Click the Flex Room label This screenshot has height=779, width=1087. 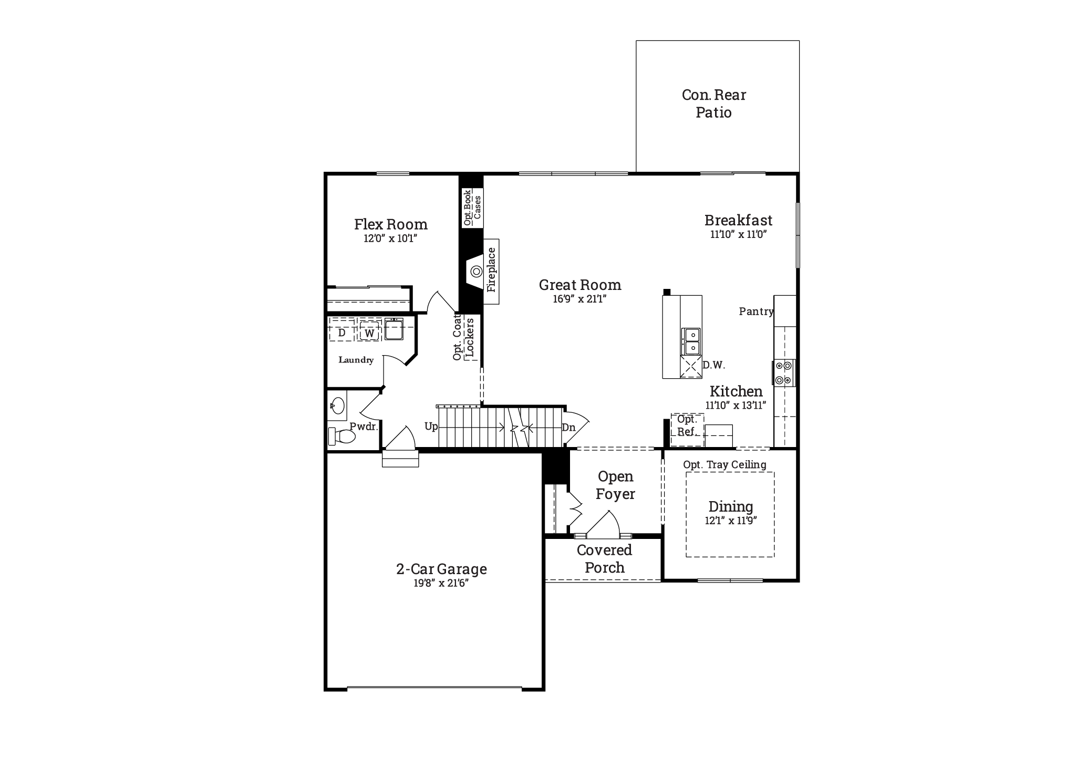390,224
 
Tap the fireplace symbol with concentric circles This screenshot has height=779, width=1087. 477,271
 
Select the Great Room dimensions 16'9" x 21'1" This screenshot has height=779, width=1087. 579,299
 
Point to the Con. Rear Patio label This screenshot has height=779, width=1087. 713,103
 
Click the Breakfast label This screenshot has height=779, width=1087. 738,220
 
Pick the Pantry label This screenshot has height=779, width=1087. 756,311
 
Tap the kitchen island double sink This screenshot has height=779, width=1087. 691,341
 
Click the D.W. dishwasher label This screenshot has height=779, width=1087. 713,365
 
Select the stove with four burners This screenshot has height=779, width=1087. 784,373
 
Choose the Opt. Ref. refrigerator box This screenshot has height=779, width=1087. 687,430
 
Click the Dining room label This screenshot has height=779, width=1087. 730,506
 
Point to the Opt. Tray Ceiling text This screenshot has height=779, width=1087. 724,465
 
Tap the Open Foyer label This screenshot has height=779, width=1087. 615,485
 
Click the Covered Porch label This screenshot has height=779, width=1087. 604,558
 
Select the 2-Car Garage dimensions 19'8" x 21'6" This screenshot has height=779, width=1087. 441,583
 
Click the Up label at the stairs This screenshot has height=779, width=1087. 431,426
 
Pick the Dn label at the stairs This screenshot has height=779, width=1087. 568,428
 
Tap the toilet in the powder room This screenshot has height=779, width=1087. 341,436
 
